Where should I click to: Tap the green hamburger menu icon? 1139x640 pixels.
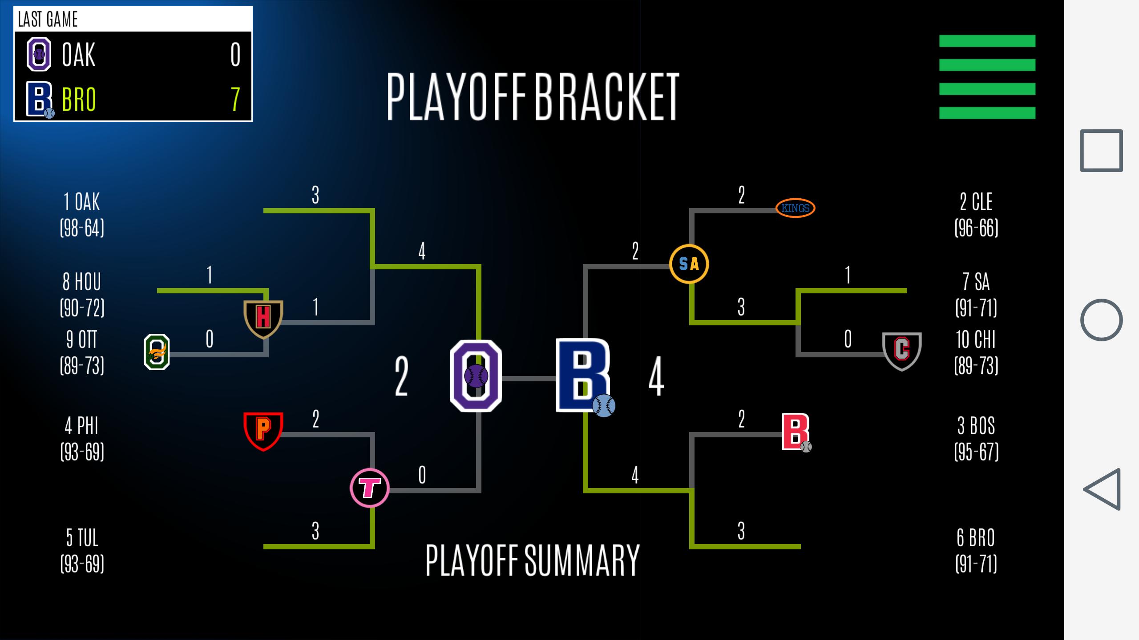pos(987,77)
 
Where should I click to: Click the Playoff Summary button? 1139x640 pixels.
pos(533,560)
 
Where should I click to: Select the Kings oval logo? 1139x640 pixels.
pos(796,208)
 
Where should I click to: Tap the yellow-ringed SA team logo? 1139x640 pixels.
pos(689,264)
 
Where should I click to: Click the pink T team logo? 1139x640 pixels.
pos(370,488)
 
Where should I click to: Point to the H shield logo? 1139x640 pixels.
pos(263,319)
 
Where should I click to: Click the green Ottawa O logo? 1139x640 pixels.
pos(157,352)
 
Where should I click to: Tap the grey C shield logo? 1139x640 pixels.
pos(902,351)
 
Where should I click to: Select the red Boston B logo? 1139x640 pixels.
pos(796,432)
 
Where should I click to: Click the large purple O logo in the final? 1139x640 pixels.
pos(476,376)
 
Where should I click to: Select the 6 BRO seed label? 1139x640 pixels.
pos(976,551)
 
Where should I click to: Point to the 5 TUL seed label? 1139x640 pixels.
pos(82,551)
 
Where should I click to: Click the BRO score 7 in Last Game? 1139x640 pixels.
pos(235,99)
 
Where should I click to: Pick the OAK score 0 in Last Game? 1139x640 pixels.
pos(235,55)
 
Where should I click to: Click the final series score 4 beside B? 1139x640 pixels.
pos(656,376)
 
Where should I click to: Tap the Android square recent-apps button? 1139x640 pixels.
pos(1102,151)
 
